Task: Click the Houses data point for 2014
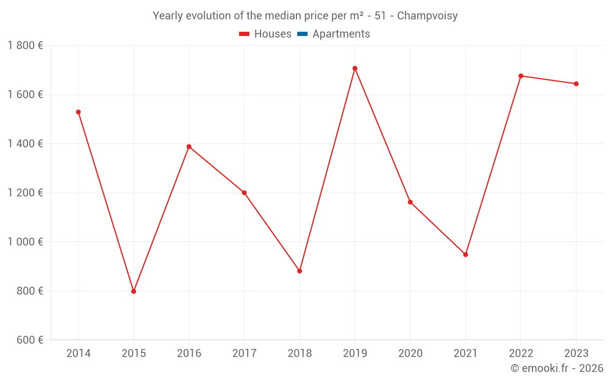(78, 112)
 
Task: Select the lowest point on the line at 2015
(134, 291)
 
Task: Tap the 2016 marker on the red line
(189, 147)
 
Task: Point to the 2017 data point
(244, 193)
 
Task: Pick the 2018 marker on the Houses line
(300, 271)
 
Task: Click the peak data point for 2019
(355, 68)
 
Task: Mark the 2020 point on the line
(410, 202)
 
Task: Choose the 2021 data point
(465, 254)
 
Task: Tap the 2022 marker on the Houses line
(521, 76)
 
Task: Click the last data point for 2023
(576, 84)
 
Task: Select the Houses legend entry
(265, 34)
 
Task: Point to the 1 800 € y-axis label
(25, 46)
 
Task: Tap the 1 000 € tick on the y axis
(25, 242)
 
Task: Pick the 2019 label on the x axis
(355, 354)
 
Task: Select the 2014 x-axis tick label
(78, 354)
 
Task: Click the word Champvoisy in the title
(427, 16)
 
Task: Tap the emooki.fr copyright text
(557, 368)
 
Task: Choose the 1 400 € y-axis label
(25, 144)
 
